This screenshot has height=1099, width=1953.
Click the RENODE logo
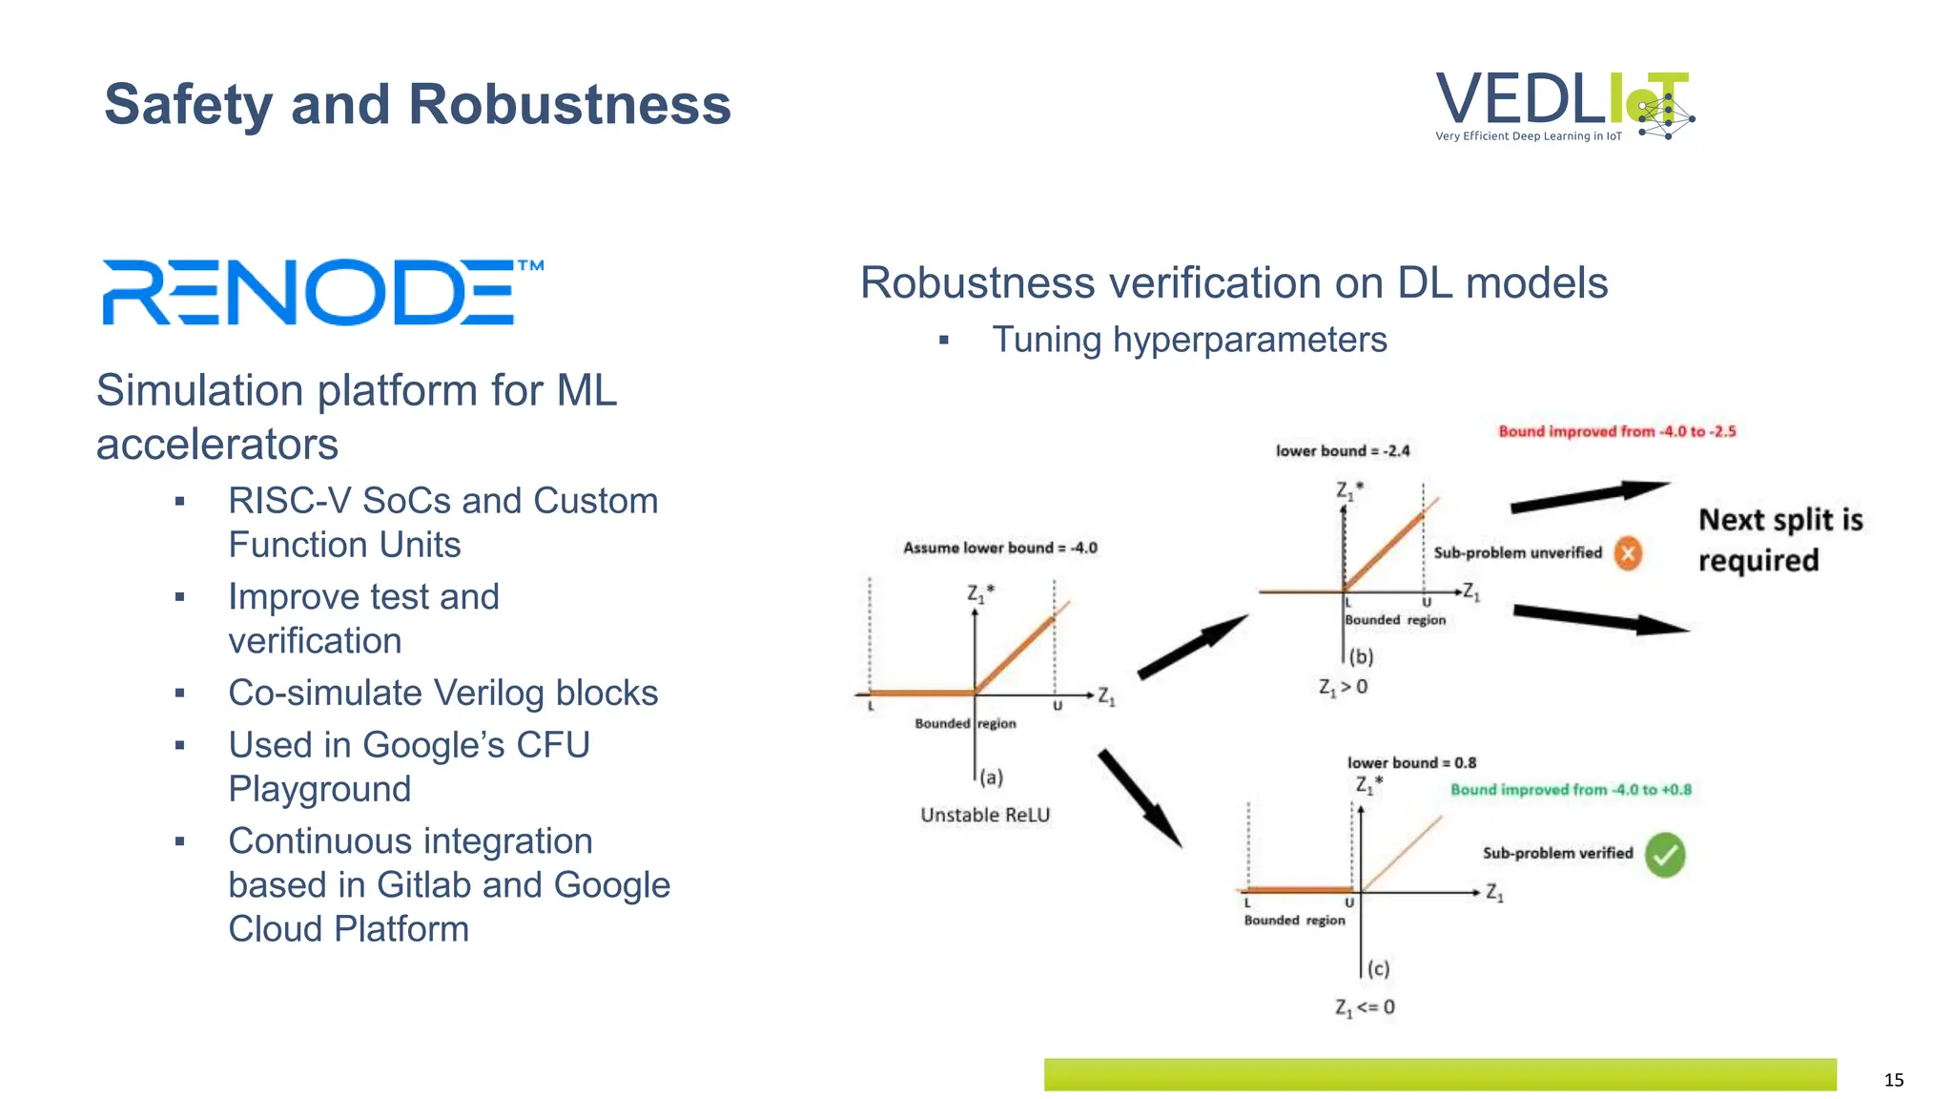[321, 292]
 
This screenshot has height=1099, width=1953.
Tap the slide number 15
[1893, 1080]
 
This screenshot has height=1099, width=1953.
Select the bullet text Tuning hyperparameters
[1188, 340]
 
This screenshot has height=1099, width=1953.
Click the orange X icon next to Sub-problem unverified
[1628, 552]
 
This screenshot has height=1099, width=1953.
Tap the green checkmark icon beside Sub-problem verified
[1665, 855]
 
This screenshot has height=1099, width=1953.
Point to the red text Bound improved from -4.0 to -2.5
[1616, 431]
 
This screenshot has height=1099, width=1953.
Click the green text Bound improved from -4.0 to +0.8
[1571, 790]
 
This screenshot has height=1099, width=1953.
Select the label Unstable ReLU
[985, 815]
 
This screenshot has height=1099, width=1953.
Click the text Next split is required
[1779, 540]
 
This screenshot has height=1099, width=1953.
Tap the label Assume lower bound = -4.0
[999, 548]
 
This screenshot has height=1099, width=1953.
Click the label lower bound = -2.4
[1342, 450]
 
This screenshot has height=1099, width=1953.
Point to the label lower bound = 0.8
[1410, 762]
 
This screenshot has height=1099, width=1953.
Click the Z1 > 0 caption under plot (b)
[1343, 687]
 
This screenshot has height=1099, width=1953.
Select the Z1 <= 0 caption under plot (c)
[1365, 1007]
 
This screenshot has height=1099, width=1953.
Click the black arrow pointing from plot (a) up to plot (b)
[1192, 647]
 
